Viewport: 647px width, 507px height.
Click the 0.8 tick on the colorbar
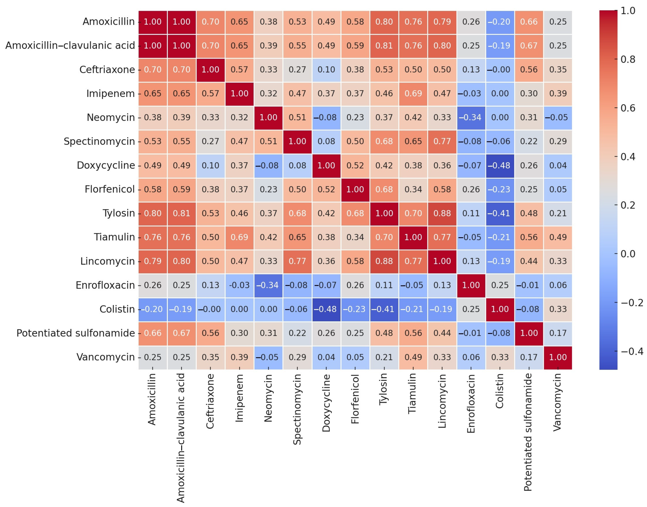628,59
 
